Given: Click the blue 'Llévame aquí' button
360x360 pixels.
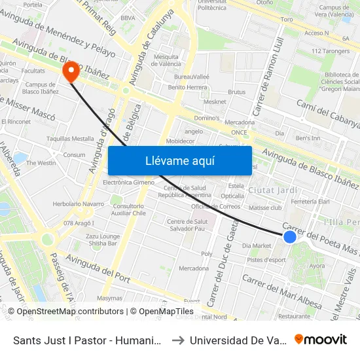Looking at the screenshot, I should (179, 160).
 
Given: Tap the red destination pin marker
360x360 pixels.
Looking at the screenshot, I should (68, 73).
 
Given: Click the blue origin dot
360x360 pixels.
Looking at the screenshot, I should (290, 236).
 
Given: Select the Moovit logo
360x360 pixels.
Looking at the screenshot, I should (321, 340).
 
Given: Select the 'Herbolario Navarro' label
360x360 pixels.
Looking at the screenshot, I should (78, 204).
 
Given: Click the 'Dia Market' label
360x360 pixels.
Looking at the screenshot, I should (256, 246).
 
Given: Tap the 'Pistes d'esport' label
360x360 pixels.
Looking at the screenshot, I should (266, 260).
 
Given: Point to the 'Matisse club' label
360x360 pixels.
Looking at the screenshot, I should (266, 207).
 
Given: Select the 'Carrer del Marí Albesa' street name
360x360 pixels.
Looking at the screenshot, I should (281, 291).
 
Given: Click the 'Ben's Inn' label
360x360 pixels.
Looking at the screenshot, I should (307, 138).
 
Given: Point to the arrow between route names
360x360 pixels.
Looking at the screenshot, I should (179, 340).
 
